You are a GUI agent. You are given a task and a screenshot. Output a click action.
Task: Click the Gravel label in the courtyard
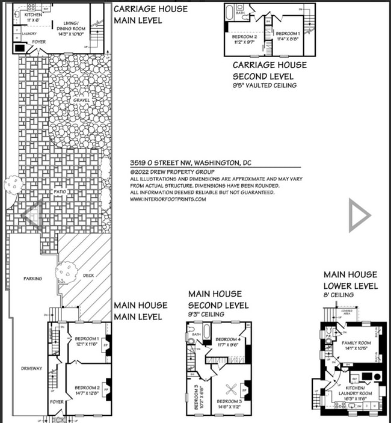[79, 100]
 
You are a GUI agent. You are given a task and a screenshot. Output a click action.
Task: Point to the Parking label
[32, 279]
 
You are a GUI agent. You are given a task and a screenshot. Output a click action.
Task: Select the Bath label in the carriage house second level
[240, 13]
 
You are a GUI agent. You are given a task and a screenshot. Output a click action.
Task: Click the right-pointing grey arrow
[359, 215]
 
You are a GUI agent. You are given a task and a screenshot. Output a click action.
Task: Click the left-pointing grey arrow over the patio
[31, 215]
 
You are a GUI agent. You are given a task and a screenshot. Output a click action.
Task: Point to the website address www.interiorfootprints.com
[168, 199]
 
